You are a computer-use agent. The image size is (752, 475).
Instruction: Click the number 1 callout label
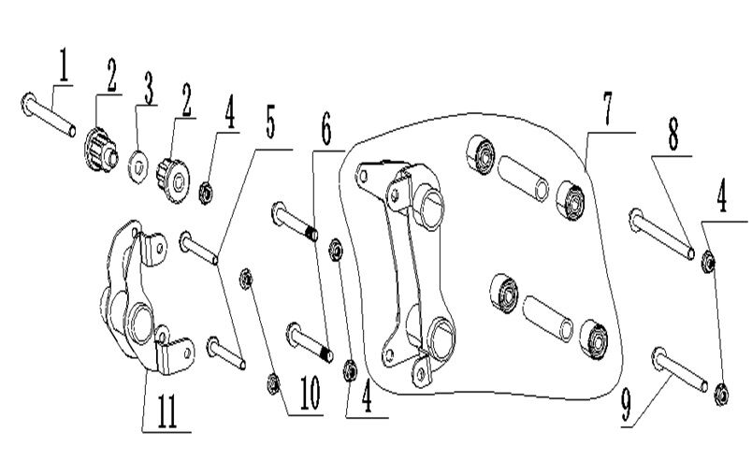[64, 68]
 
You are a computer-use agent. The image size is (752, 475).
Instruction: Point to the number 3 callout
[148, 91]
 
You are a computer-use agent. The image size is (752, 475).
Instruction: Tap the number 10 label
[310, 397]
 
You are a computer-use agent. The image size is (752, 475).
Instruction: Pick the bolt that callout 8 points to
[660, 233]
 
